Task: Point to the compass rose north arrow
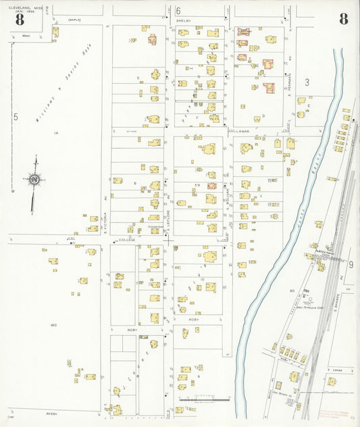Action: pos(33,180)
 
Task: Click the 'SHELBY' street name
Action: pos(184,21)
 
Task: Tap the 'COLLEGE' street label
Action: pos(128,240)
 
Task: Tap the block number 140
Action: pos(53,325)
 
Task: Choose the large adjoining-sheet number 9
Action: pos(351,263)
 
